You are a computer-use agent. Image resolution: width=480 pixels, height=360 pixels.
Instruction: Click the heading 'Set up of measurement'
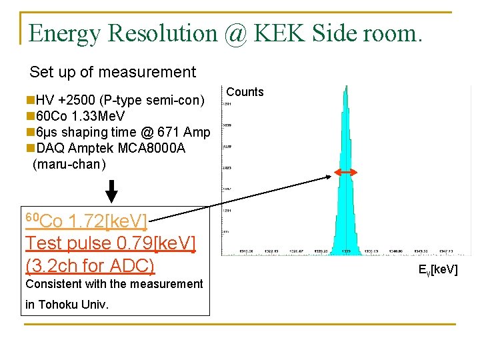tap(113, 72)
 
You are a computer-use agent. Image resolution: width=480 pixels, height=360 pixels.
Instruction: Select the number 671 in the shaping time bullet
tap(170, 133)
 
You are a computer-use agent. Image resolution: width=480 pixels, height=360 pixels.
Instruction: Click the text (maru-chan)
tap(69, 164)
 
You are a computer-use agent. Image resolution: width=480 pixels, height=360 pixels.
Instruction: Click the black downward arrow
tap(112, 191)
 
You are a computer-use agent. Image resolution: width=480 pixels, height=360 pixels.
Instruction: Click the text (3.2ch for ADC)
tap(90, 265)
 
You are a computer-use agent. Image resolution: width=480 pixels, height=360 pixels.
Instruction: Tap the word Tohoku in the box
tap(62, 305)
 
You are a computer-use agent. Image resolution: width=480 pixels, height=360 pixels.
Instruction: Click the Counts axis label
tap(245, 92)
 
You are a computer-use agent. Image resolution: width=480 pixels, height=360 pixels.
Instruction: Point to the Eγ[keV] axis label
tap(437, 270)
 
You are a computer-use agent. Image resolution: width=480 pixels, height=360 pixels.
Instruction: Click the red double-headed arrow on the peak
tap(345, 173)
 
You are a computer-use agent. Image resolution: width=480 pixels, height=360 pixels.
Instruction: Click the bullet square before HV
tap(30, 101)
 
